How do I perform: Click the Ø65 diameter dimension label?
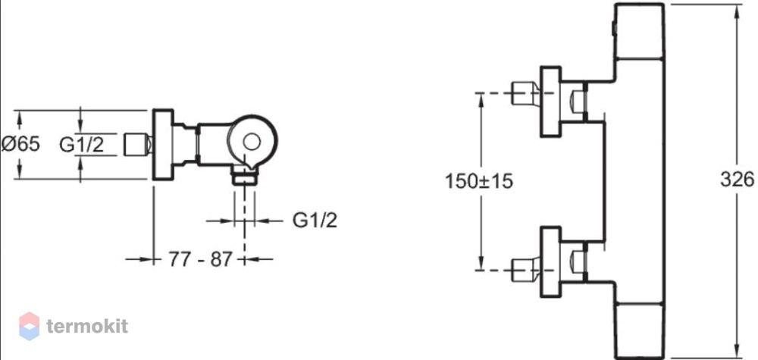20,144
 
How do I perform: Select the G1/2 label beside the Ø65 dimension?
82,145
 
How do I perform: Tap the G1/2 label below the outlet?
315,221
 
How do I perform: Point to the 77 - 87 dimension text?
201,259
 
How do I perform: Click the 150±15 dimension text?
478,181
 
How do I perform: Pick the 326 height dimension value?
737,180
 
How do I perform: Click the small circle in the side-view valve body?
252,142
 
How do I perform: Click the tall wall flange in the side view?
163,145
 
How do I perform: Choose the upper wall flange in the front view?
550,102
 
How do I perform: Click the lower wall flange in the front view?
550,262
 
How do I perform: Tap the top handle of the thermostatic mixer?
638,31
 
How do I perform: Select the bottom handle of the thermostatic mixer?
638,331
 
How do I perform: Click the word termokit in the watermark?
87,326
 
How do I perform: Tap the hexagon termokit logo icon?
29,326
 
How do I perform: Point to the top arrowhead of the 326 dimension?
737,11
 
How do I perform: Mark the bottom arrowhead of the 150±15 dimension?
481,263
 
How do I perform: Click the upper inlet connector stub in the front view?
525,93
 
